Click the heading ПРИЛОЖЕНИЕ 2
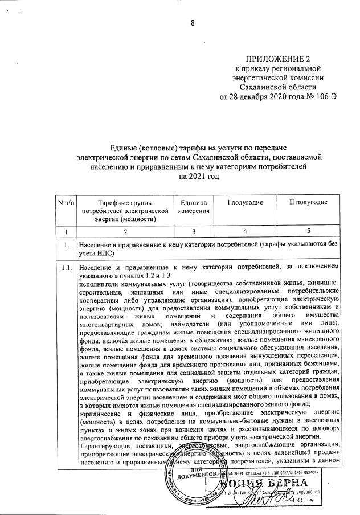click(x=279, y=59)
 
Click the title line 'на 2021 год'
click(x=198, y=177)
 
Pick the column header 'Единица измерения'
click(x=194, y=207)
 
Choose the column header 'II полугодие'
click(x=308, y=203)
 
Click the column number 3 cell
click(x=194, y=232)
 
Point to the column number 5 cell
click(x=308, y=232)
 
